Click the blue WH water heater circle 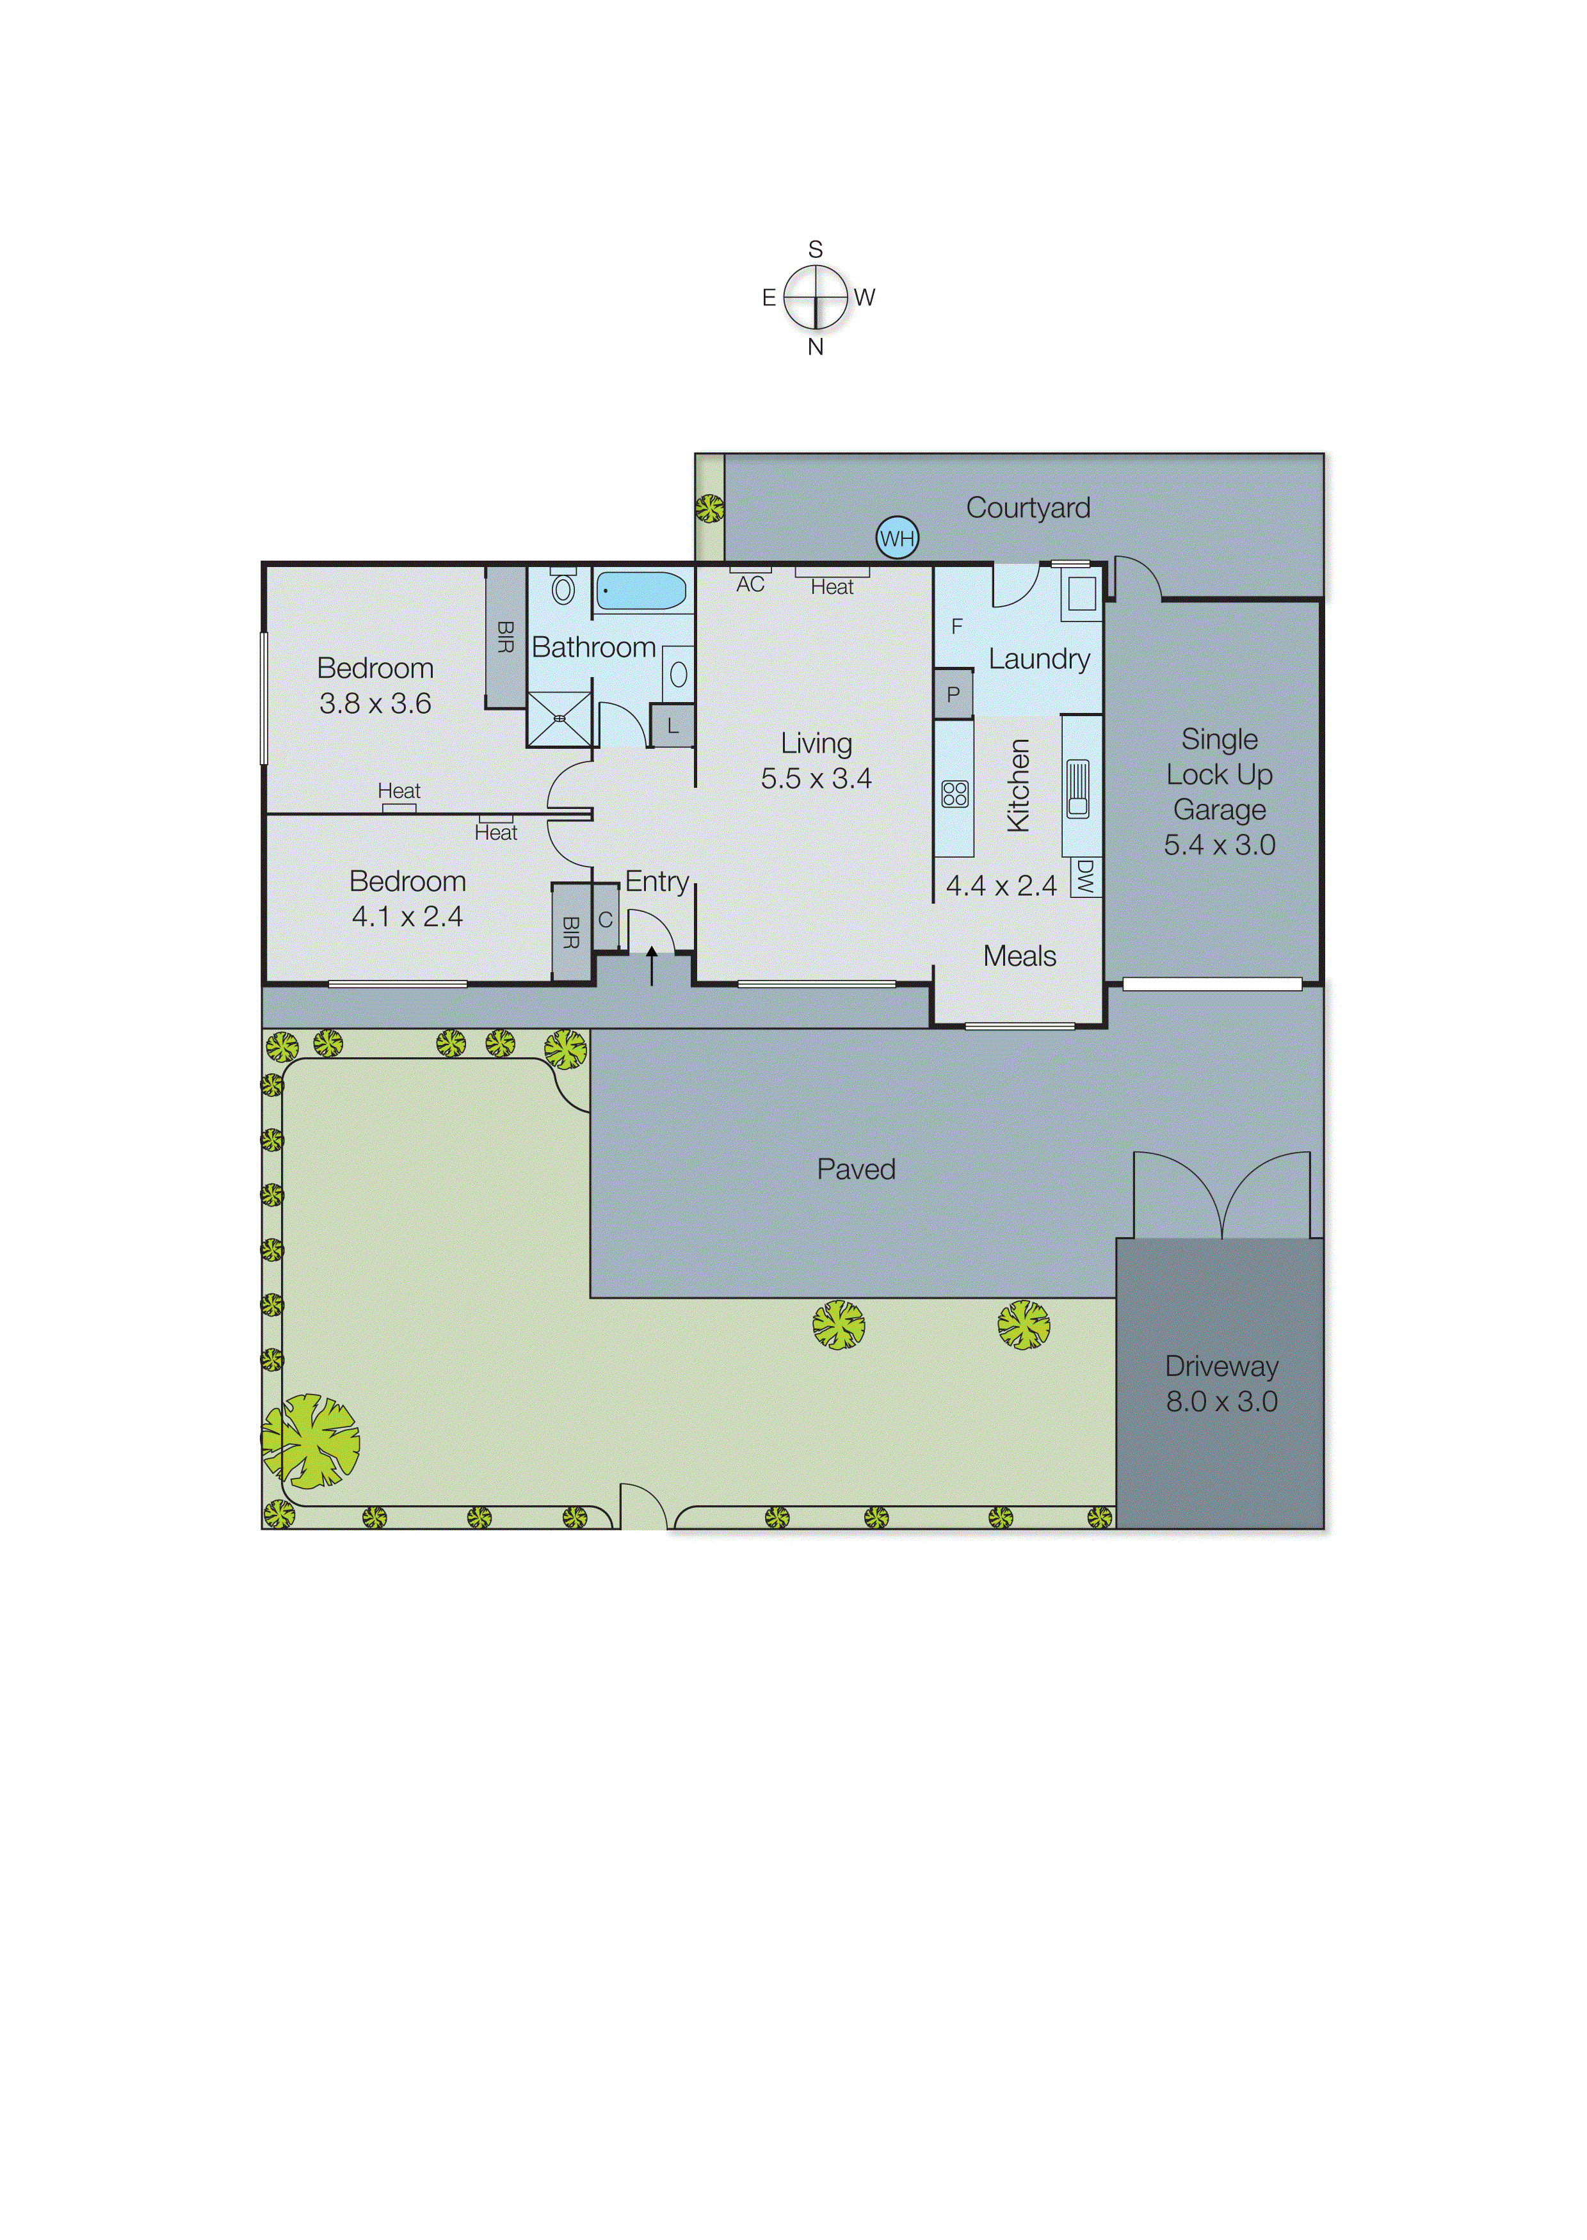click(896, 538)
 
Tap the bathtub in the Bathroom click(641, 591)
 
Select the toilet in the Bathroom click(563, 588)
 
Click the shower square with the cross click(560, 719)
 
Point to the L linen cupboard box click(672, 726)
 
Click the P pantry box click(953, 694)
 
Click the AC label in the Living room click(750, 584)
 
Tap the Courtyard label click(1028, 508)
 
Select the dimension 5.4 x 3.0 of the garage click(1220, 845)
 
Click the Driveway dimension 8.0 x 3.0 click(1221, 1402)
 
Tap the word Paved click(856, 1169)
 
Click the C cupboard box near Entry click(606, 919)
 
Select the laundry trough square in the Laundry click(1081, 594)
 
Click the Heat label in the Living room click(832, 587)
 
